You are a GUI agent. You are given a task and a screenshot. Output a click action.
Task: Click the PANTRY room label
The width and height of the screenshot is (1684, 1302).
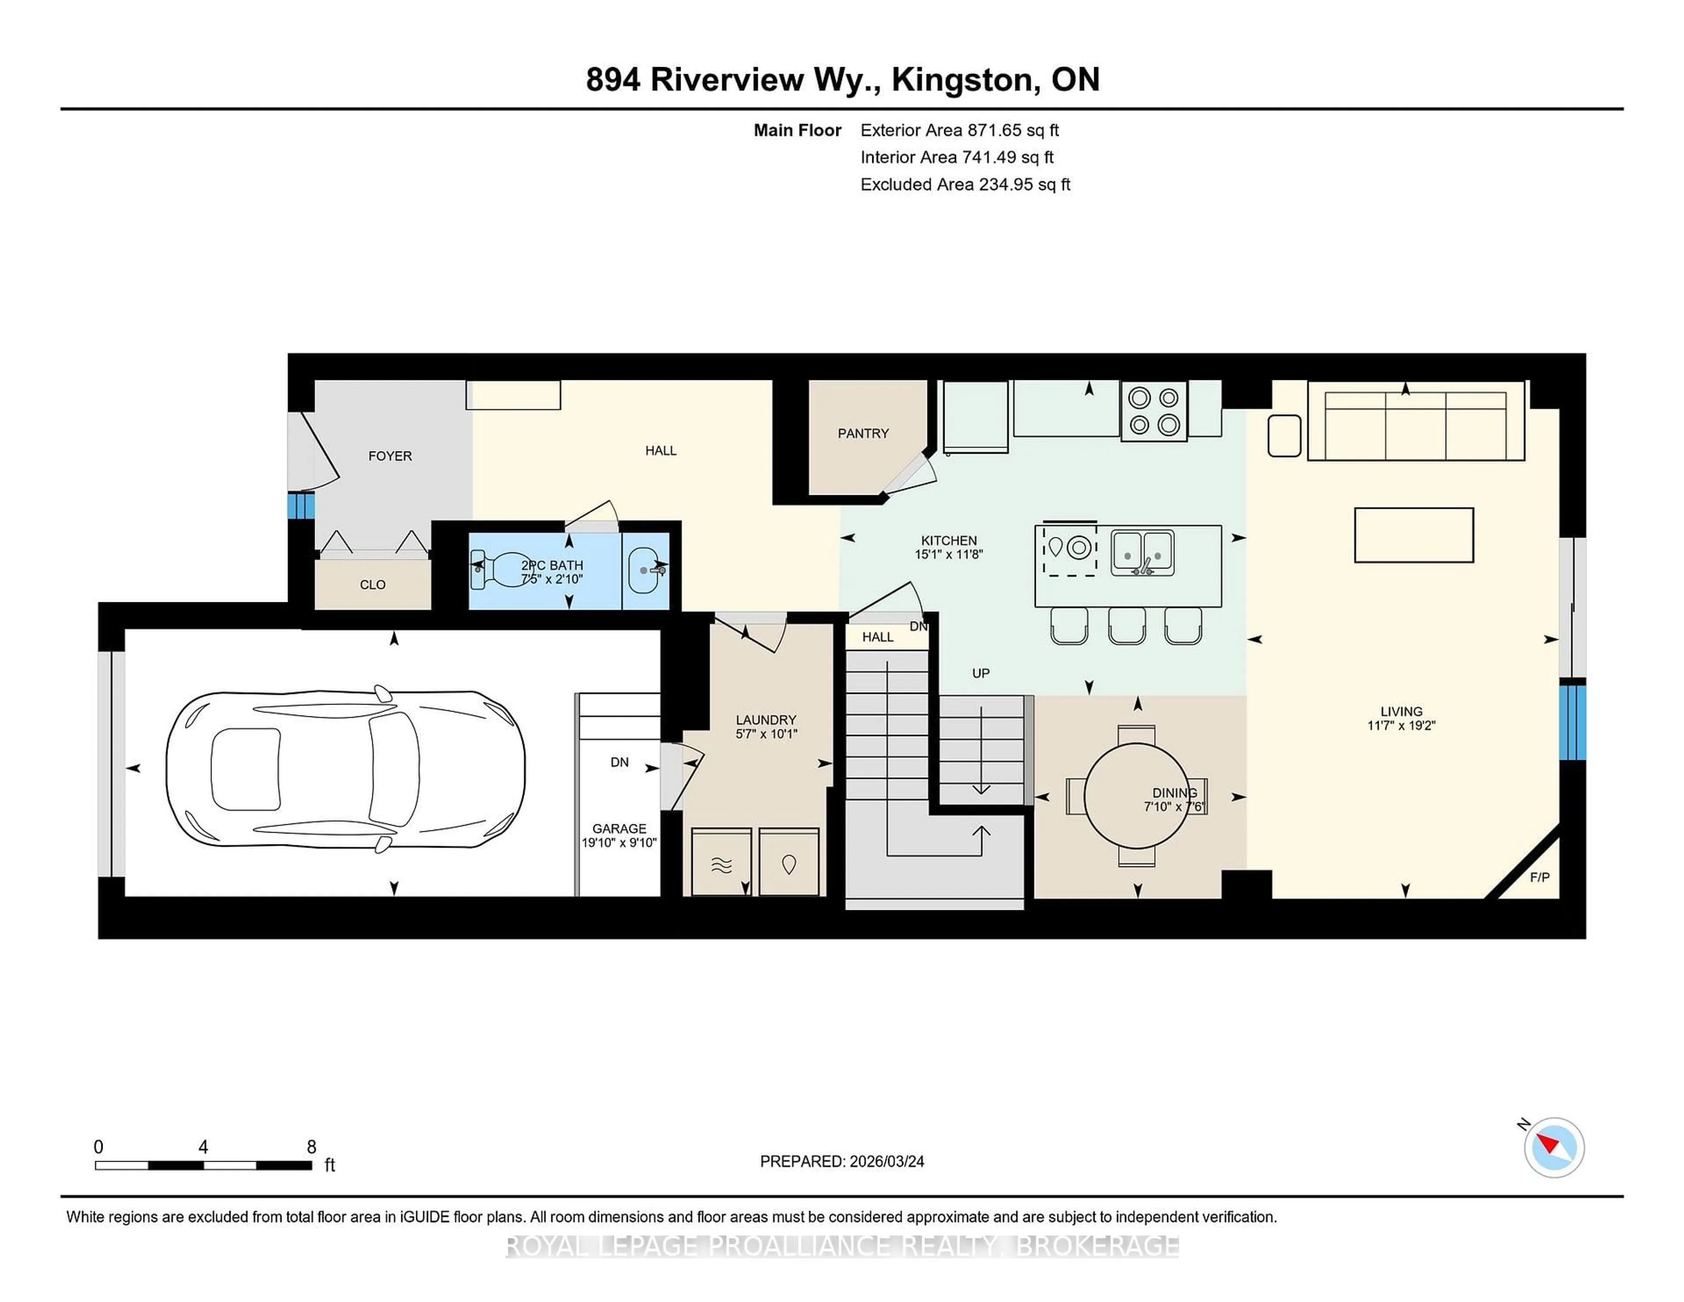coord(863,433)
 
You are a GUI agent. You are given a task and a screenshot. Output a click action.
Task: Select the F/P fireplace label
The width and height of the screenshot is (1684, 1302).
coord(1539,877)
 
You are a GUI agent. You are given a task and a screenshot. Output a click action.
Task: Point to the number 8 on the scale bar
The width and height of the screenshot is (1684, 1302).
coord(311,1147)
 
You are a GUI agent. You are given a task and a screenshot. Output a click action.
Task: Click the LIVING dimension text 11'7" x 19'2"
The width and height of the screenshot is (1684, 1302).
coord(1401,726)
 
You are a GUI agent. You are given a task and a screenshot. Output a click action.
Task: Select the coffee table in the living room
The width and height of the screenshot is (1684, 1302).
coord(1413,534)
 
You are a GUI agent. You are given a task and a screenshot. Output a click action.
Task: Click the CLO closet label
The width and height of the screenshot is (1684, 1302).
coord(372,585)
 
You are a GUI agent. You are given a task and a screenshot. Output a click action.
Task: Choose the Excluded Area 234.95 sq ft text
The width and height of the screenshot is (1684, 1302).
coord(965,184)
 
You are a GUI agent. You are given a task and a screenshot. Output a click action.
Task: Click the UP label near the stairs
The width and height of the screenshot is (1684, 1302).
coord(980,673)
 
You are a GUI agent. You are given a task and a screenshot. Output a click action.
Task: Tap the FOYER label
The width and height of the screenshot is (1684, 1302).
coord(390,456)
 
